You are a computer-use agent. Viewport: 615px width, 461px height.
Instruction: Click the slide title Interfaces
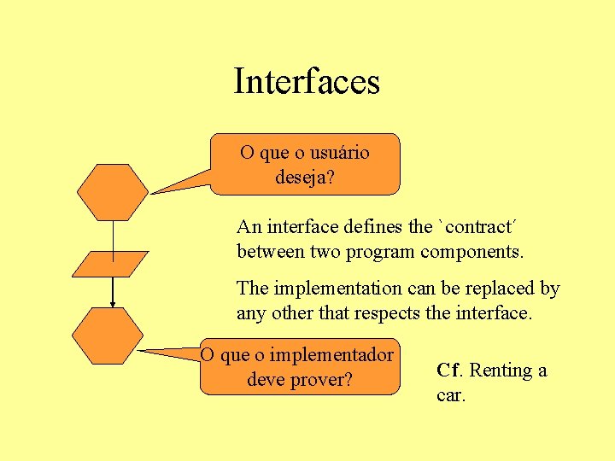307,82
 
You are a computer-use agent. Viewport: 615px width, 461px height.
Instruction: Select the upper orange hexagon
112,192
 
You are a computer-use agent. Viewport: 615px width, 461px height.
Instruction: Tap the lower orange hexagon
108,336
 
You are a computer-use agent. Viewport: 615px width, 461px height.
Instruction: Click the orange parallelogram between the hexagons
110,264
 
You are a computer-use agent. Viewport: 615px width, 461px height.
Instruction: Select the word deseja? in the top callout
305,178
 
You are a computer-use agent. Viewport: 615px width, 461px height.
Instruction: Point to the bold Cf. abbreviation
450,371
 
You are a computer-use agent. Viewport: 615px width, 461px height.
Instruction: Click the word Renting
501,371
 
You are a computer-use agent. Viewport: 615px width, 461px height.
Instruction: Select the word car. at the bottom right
451,395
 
